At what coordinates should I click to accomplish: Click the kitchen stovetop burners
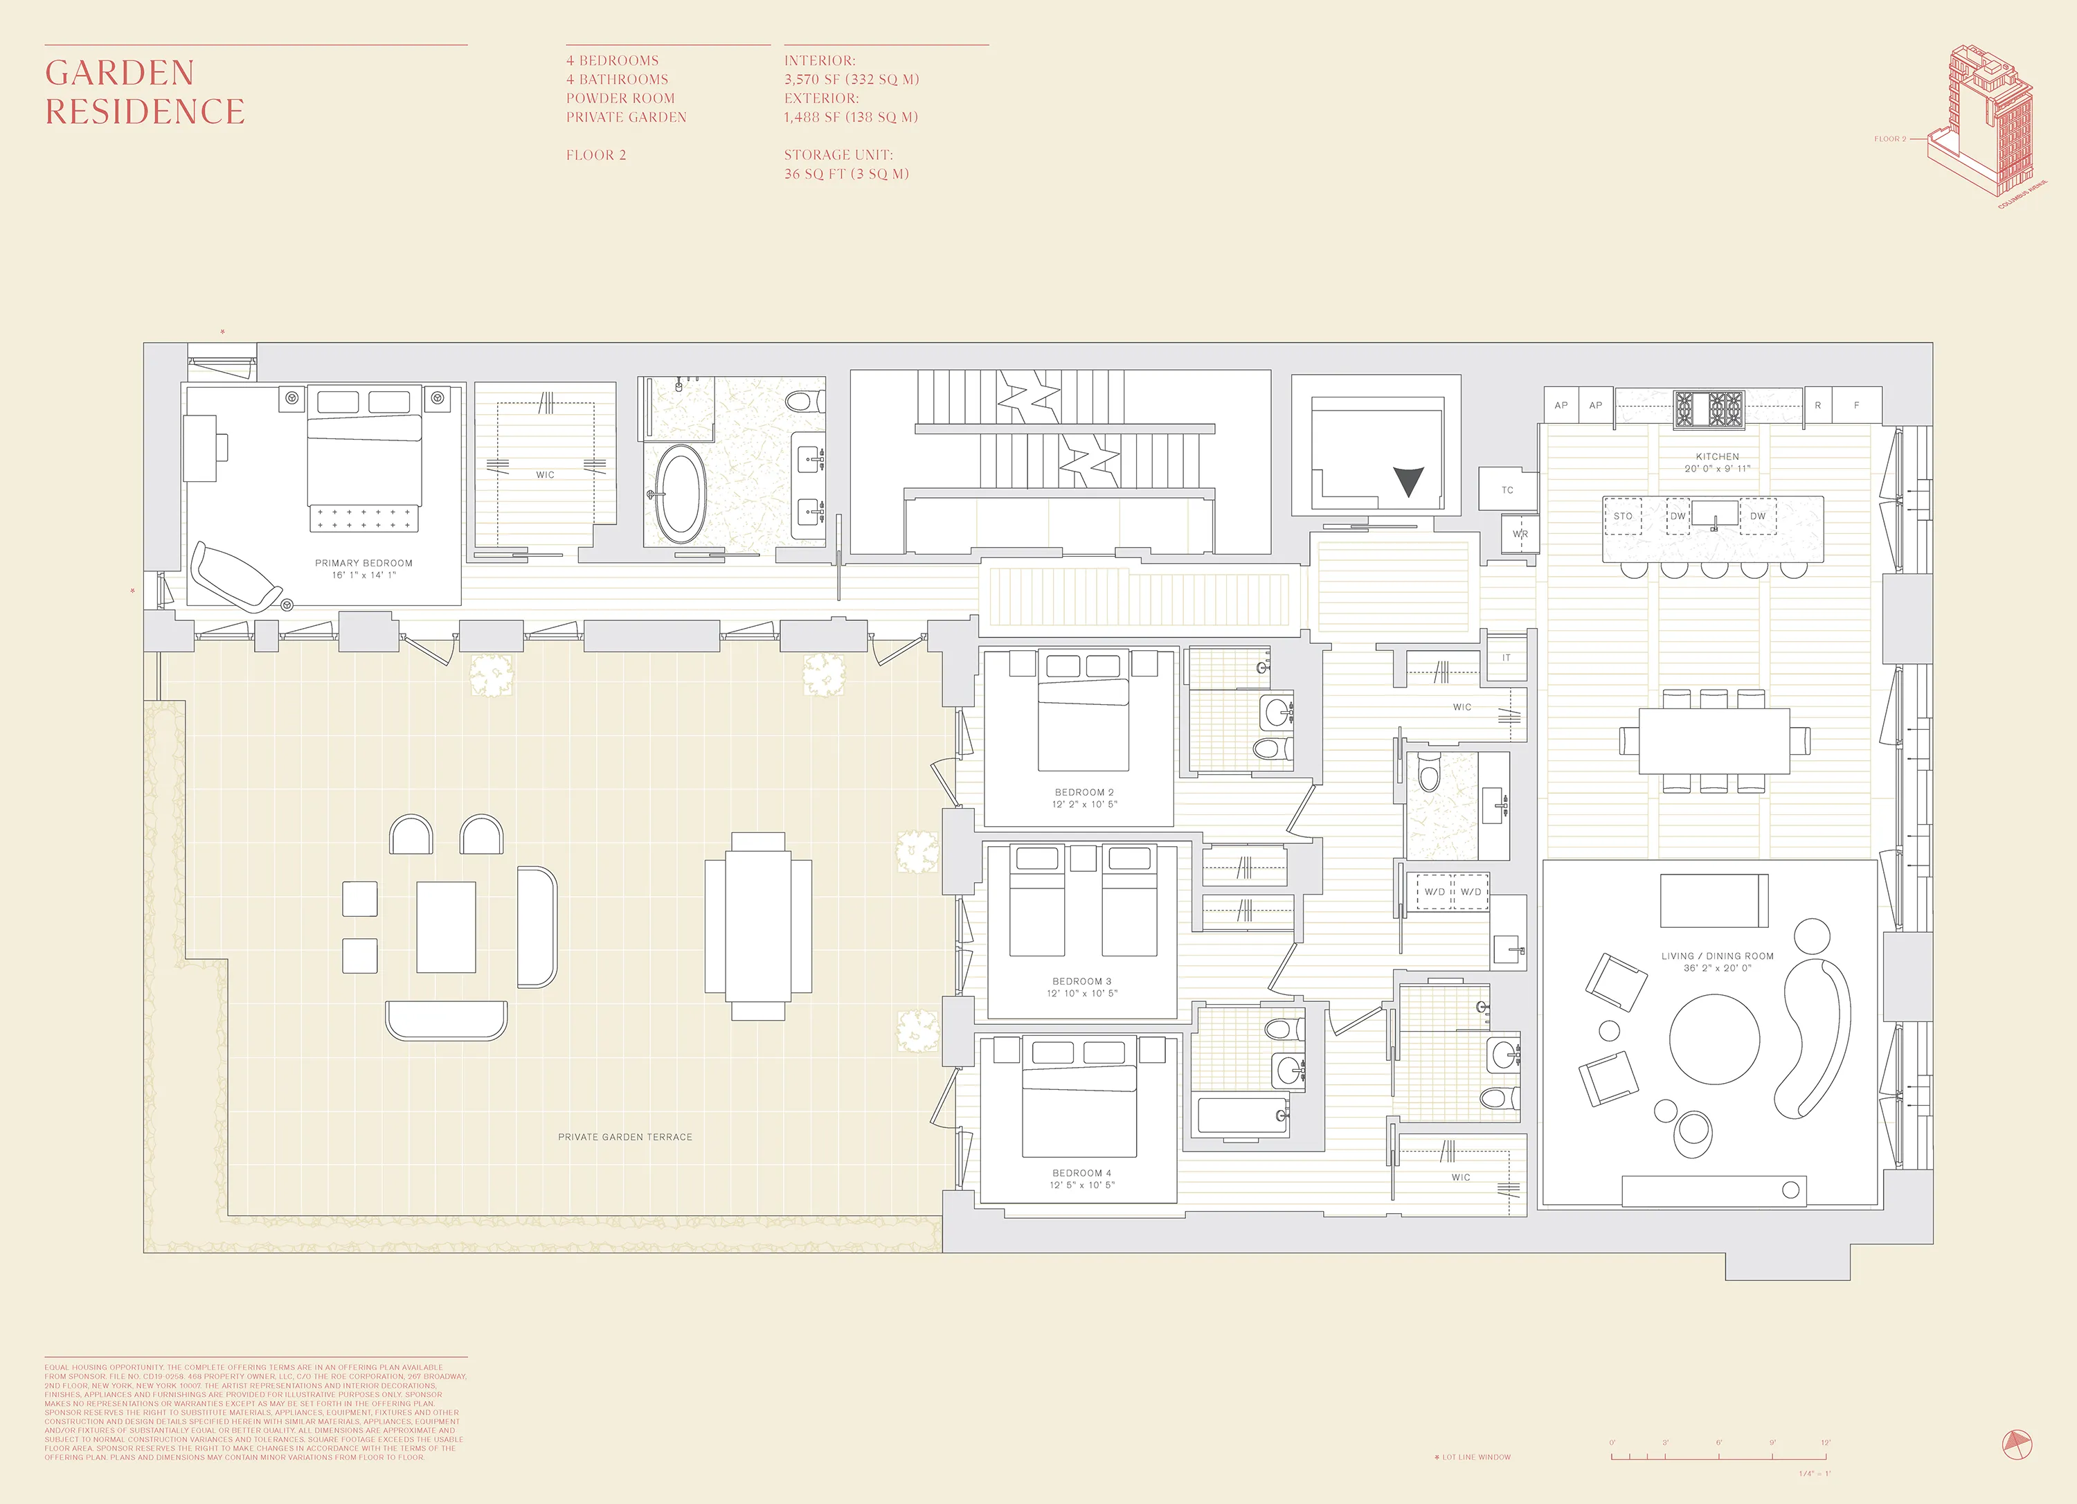click(1709, 409)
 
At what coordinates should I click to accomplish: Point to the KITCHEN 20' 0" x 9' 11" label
click(1717, 462)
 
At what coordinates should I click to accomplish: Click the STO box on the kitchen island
click(1623, 517)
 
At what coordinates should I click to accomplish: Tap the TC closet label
click(1507, 490)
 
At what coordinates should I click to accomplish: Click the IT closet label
click(1507, 658)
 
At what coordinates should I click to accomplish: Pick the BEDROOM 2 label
click(1084, 798)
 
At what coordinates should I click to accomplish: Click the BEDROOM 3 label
click(1081, 987)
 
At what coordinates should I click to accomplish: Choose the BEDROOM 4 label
click(1081, 1178)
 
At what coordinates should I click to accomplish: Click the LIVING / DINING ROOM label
click(1717, 961)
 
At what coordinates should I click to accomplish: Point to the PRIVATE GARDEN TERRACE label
click(625, 1137)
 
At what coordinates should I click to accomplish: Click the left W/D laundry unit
click(1434, 892)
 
